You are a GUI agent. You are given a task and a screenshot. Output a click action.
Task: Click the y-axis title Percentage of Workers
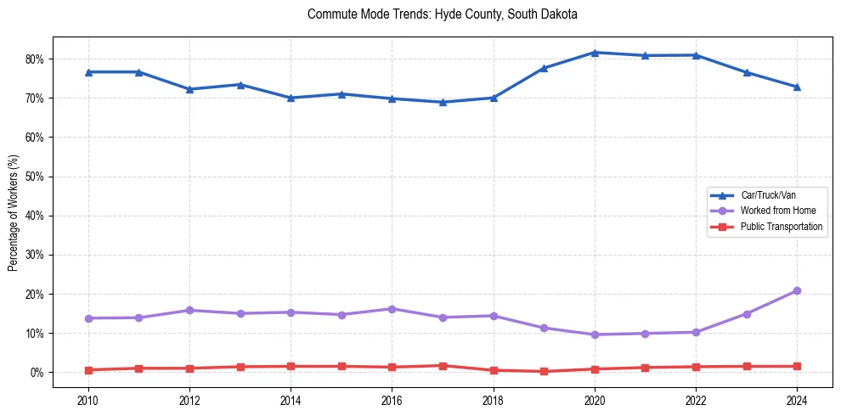point(14,212)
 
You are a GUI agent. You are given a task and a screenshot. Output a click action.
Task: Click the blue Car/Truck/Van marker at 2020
point(595,53)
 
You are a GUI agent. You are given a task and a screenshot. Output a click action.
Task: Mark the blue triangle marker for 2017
point(443,102)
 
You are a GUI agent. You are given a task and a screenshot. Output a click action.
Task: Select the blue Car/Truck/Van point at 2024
point(797,87)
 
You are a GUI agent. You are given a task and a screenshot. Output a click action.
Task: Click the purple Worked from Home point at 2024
point(797,291)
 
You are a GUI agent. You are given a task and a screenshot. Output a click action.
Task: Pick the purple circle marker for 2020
point(595,334)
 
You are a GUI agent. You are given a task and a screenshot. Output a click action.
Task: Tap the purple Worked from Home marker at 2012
point(189,311)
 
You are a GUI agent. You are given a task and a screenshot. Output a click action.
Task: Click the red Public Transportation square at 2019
point(544,371)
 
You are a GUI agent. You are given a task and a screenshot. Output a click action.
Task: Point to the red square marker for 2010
point(87,370)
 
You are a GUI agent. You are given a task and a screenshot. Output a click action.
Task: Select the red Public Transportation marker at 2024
point(797,367)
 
